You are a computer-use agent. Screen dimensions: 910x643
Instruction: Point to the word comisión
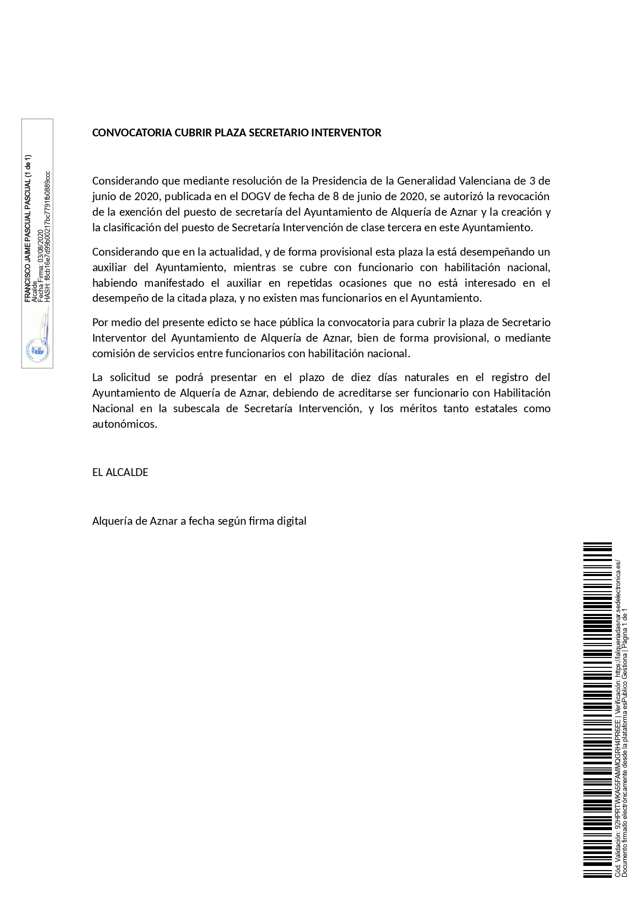[x=115, y=354]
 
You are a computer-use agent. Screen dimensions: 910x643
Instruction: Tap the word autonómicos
[x=124, y=424]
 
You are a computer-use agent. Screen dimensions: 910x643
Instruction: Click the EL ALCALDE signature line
[x=120, y=472]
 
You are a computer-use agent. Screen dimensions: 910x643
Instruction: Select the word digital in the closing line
[x=292, y=521]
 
